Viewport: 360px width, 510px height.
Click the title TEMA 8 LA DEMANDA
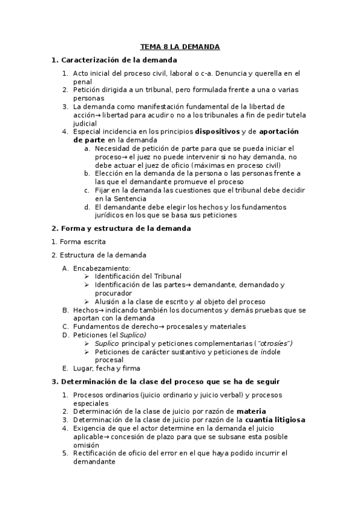tap(180, 46)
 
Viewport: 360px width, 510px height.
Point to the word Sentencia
tap(125, 198)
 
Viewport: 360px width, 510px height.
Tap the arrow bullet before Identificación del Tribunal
tap(87, 276)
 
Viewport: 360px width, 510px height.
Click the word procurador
tap(113, 293)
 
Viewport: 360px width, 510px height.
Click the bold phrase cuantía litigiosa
tap(276, 420)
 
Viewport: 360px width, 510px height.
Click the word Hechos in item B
tap(85, 310)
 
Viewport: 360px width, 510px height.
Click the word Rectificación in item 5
tap(97, 453)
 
